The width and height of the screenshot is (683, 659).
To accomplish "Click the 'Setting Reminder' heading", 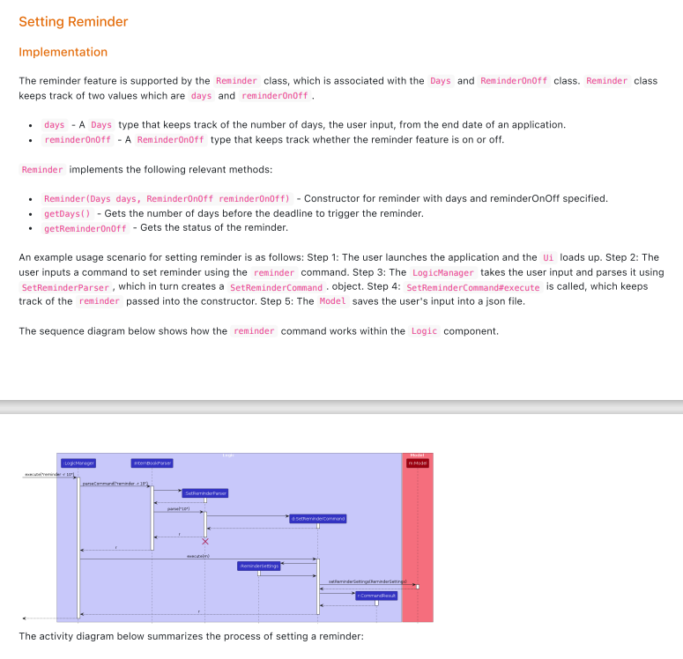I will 73,22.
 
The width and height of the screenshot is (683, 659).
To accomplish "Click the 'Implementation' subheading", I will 63,52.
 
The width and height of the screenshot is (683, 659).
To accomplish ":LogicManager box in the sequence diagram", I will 78,463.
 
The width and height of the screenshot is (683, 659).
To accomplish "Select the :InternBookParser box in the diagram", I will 152,463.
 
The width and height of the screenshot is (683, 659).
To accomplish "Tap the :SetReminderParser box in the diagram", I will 204,493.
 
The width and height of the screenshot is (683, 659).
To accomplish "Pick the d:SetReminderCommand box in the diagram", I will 317,519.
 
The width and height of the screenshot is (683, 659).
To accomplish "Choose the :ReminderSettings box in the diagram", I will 258,566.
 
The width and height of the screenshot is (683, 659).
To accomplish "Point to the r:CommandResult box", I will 376,596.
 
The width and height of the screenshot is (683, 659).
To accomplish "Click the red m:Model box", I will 417,463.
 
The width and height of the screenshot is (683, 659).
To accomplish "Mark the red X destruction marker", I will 204,541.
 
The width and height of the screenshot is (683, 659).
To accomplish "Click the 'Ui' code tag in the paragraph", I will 548,257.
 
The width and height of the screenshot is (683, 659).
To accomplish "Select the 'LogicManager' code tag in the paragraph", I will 443,272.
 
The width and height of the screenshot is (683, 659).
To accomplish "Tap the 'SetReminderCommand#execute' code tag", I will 473,286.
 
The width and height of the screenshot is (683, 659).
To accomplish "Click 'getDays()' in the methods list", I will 67,213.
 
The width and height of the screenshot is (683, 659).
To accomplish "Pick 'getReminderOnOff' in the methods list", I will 85,228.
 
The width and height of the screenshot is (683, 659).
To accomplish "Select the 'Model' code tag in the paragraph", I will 332,301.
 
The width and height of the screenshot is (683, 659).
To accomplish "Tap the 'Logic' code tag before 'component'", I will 424,331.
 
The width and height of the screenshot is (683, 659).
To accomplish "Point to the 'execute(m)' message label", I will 198,556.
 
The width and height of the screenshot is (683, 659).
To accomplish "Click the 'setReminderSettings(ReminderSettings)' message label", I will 367,581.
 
